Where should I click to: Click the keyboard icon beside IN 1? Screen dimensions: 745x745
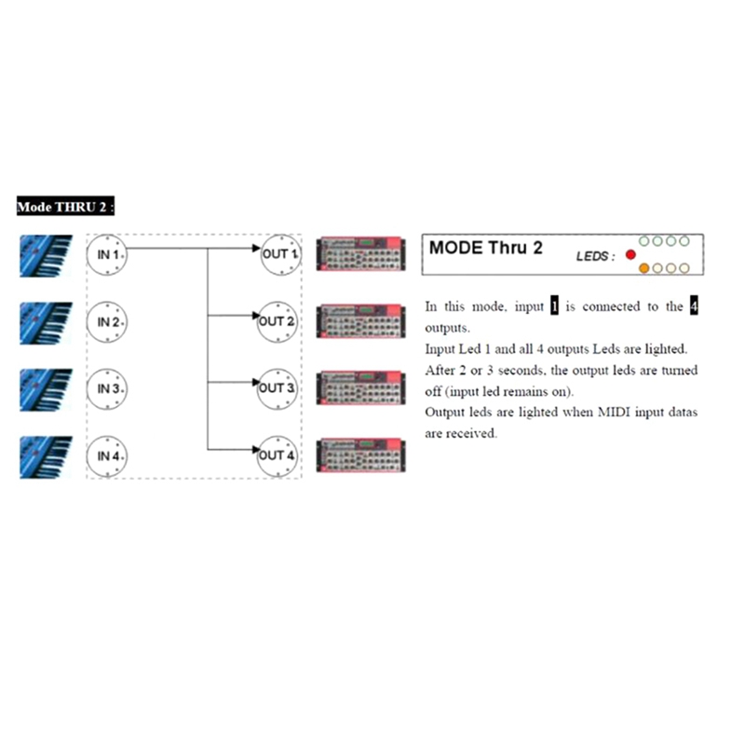44,254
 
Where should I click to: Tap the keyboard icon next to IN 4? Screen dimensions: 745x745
44,456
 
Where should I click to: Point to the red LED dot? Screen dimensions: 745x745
630,254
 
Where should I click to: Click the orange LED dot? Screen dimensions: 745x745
643,268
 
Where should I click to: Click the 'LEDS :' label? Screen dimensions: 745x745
596,256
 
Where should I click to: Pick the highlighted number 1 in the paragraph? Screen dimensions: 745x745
554,306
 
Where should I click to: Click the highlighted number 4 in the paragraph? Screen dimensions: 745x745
692,306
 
